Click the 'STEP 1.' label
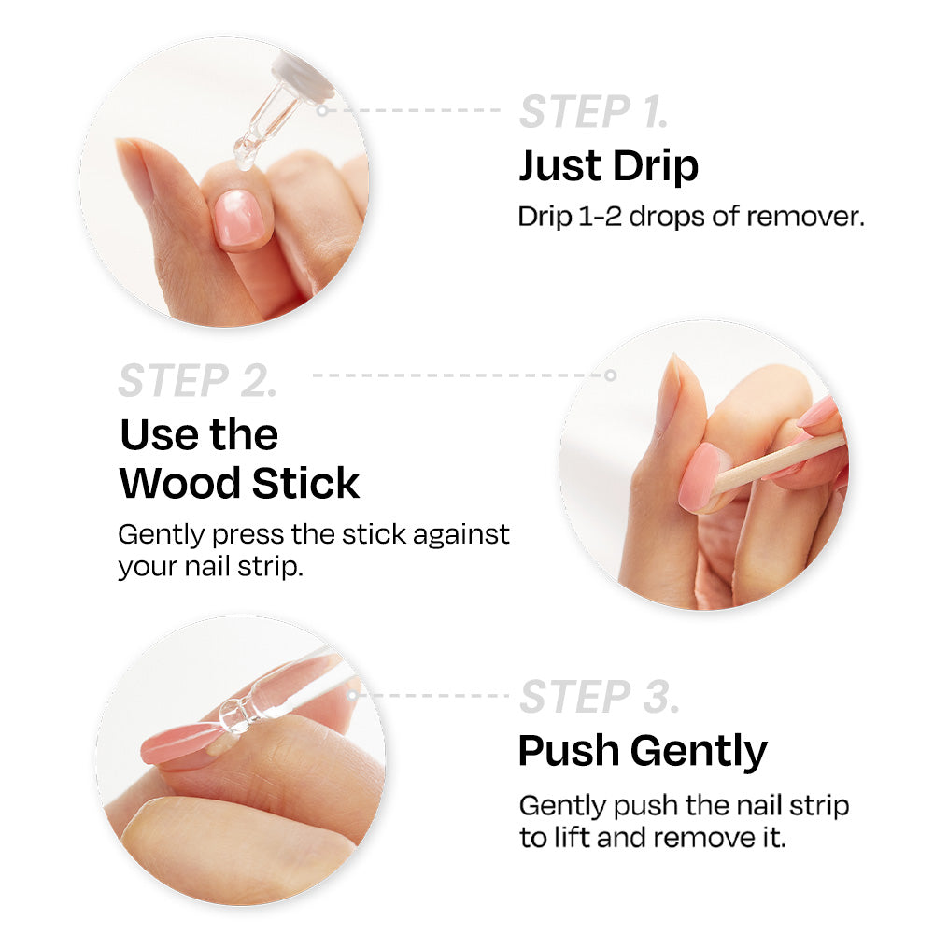click(x=594, y=111)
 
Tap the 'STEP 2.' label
click(x=198, y=380)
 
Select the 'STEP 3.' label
click(x=600, y=696)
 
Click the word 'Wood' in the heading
click(x=180, y=483)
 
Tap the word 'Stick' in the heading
click(x=305, y=483)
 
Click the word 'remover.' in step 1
click(x=805, y=217)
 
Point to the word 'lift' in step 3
click(x=572, y=838)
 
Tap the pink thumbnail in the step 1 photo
click(x=239, y=219)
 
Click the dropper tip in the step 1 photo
click(x=244, y=156)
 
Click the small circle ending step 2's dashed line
click(x=610, y=375)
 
